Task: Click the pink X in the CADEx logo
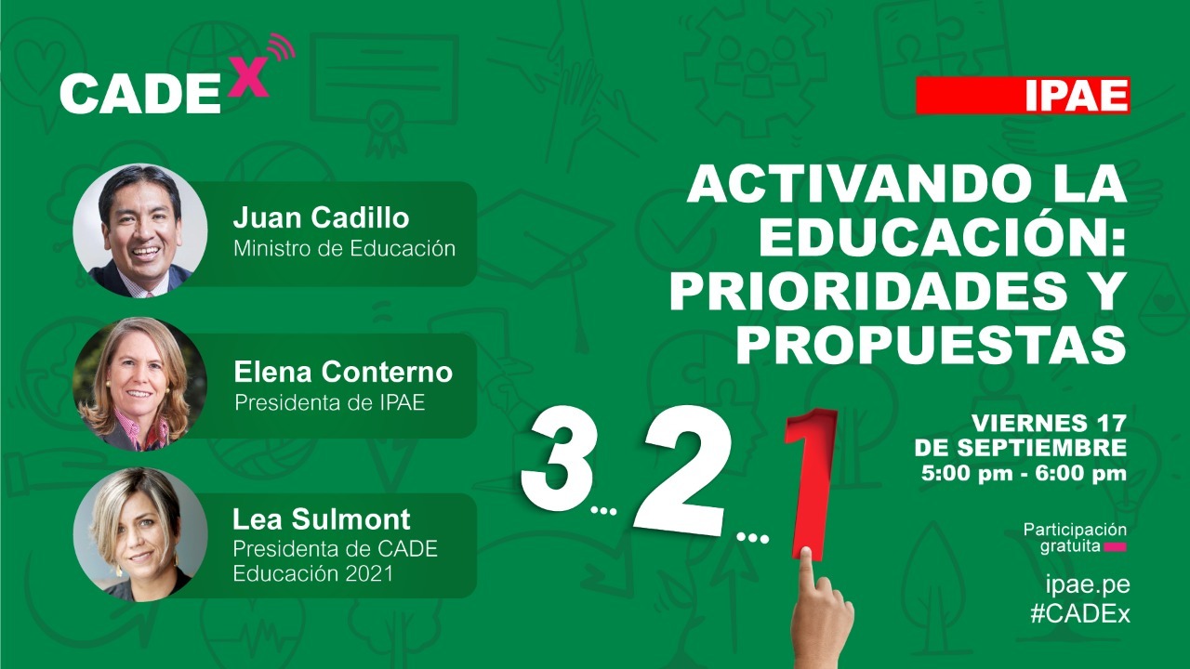click(247, 77)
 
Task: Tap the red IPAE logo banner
click(1023, 96)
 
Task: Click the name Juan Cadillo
click(321, 217)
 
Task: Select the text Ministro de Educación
click(344, 248)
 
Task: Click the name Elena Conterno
click(343, 372)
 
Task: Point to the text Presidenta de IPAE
click(330, 403)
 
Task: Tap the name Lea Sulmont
click(321, 518)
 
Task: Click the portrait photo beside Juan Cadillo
click(140, 230)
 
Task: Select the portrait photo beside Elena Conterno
click(140, 385)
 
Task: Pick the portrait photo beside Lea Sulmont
click(140, 534)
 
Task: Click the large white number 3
click(557, 459)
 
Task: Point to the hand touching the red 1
click(821, 610)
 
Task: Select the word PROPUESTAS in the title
click(931, 344)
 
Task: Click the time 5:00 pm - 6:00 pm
click(1024, 473)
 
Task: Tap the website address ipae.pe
click(1088, 585)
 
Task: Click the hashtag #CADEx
click(1080, 614)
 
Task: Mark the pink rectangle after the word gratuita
click(1115, 547)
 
